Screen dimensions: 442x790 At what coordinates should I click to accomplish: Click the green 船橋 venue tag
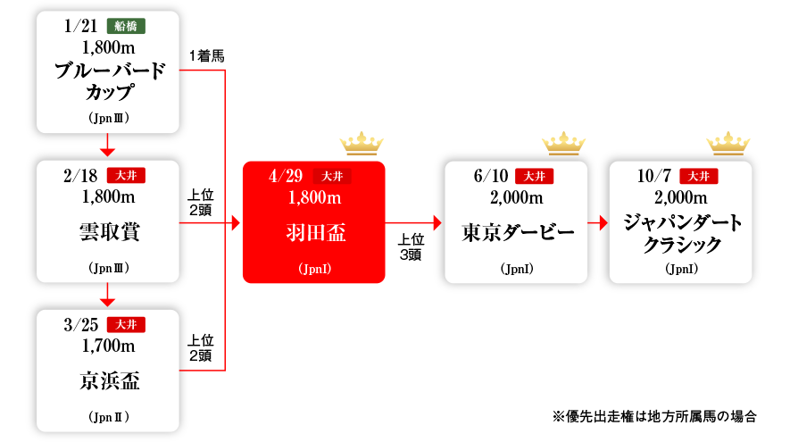(126, 26)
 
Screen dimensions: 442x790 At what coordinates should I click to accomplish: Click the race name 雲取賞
(108, 232)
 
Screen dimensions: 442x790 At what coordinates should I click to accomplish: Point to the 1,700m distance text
(108, 346)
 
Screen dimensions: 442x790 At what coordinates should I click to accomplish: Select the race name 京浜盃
(108, 382)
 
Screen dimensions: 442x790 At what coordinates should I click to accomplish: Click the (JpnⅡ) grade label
(108, 417)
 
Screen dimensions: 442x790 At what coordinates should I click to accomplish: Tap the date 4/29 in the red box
(287, 175)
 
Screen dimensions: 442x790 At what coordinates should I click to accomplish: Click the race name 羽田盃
(314, 234)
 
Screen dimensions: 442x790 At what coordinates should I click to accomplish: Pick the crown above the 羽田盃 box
(362, 143)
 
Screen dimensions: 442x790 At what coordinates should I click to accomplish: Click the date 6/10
(490, 175)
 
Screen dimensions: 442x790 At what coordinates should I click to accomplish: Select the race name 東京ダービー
(517, 234)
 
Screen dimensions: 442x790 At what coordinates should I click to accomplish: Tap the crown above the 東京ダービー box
(564, 143)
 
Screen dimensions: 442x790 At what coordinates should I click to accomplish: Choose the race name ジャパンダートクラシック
(680, 234)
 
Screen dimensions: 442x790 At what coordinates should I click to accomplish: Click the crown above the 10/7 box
(728, 143)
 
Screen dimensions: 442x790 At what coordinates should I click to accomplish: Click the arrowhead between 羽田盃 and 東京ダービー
(437, 222)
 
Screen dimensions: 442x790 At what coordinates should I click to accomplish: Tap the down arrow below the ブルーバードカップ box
(108, 147)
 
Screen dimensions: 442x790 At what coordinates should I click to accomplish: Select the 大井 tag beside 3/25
(126, 324)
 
